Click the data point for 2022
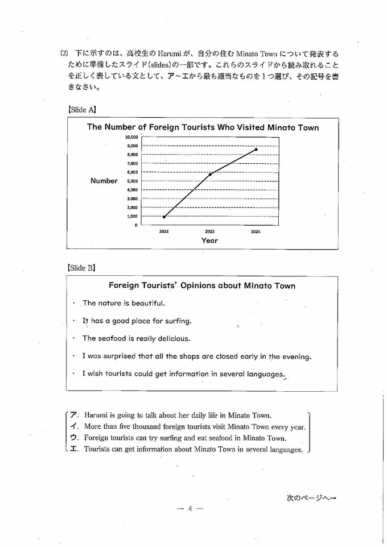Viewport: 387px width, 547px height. point(164,217)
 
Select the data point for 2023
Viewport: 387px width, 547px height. point(211,175)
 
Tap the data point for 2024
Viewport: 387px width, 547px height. point(256,150)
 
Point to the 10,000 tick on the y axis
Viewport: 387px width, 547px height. point(131,137)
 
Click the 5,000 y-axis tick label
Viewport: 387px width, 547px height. point(131,181)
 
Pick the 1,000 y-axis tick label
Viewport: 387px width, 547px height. point(131,216)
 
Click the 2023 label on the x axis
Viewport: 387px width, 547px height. point(209,232)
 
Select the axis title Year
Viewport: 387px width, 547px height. point(209,241)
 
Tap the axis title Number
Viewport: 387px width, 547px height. point(104,181)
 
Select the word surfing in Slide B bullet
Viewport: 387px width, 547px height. point(177,321)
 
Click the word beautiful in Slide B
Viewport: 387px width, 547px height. point(146,304)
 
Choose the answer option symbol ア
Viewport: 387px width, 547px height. point(74,416)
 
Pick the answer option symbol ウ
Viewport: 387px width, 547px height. point(74,438)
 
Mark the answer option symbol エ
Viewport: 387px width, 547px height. point(74,450)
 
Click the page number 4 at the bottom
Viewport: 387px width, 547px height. point(190,508)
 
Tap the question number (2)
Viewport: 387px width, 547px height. point(64,53)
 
